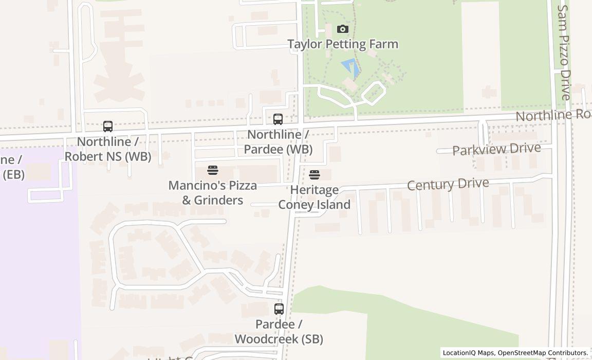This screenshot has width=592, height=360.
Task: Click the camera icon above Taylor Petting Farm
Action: click(343, 29)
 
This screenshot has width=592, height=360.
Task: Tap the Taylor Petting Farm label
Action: click(343, 44)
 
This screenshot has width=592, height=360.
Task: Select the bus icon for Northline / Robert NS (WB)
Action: click(108, 126)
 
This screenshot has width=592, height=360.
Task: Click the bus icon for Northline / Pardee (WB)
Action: click(278, 119)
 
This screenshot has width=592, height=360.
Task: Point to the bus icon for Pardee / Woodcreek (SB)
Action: click(279, 309)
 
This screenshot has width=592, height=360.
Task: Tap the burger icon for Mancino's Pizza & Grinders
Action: click(213, 170)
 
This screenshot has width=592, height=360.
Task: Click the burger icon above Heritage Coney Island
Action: click(314, 175)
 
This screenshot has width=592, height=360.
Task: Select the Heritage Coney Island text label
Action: click(314, 197)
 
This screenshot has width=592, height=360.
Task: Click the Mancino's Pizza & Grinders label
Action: click(213, 192)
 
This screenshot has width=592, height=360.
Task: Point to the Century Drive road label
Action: click(448, 184)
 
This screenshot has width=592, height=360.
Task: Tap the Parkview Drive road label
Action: click(496, 149)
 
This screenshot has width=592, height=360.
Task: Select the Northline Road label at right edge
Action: click(553, 115)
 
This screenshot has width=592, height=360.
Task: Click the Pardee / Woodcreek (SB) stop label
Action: click(279, 332)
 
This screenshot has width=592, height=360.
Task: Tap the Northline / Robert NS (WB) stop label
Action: click(108, 149)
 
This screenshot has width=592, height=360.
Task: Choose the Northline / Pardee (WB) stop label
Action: click(278, 142)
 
